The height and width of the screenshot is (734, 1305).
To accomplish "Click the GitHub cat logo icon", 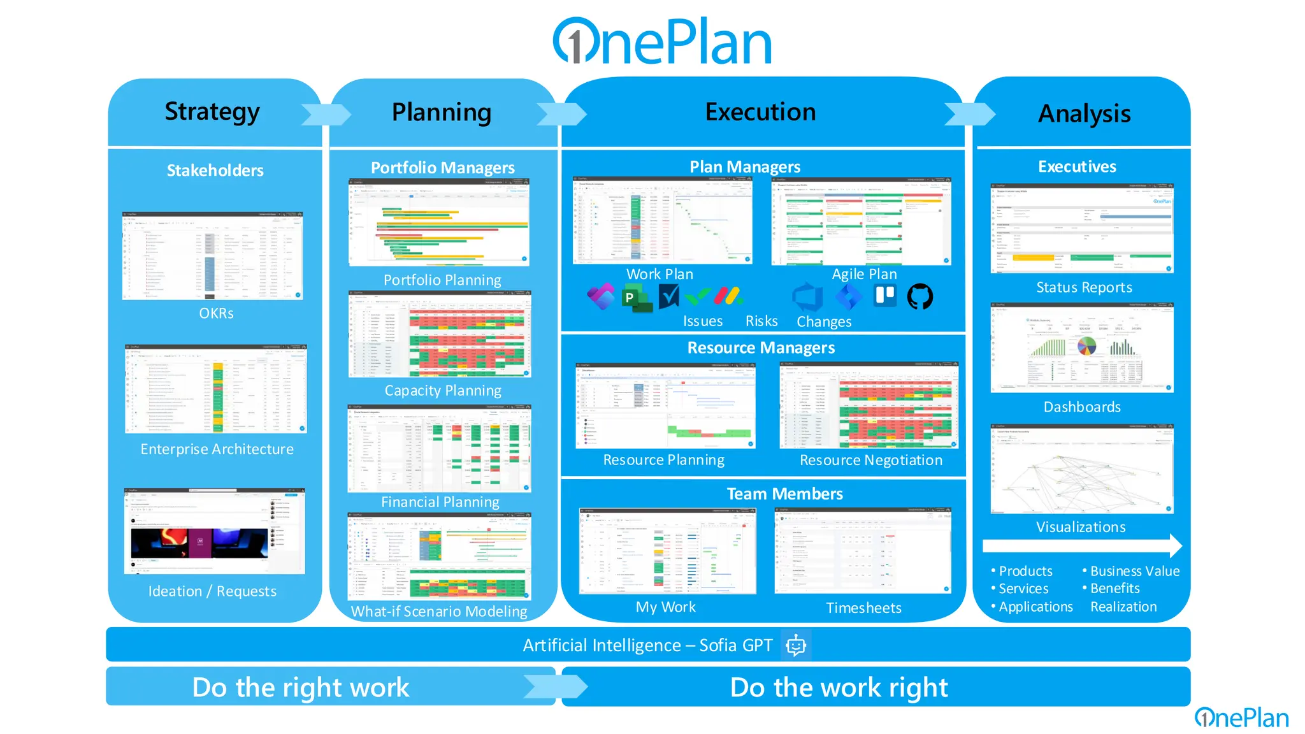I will [919, 296].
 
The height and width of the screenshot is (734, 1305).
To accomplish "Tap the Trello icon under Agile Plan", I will [885, 295].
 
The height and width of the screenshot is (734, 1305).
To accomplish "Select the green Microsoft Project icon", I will [635, 298].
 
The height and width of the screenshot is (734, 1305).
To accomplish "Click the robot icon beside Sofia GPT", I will [796, 645].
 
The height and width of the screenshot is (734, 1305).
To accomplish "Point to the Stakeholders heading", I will [215, 170].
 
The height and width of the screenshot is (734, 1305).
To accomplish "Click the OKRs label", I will [216, 313].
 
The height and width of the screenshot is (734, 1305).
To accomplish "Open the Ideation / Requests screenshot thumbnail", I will [215, 531].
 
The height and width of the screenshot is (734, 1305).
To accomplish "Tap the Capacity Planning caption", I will [443, 391].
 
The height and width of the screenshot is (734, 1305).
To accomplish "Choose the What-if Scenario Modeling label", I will [439, 612].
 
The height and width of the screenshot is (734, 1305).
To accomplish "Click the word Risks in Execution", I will [761, 321].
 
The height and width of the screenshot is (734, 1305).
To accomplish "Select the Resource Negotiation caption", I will [870, 460].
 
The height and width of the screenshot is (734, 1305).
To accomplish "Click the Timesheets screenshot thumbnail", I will [863, 551].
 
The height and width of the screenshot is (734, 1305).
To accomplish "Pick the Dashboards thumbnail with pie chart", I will [1081, 348].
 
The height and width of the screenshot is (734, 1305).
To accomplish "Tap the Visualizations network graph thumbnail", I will [1081, 469].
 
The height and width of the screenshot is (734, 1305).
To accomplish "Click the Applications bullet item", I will [1035, 607].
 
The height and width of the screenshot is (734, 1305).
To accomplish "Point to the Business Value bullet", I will [1134, 571].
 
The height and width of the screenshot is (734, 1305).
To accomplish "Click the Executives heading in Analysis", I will [1077, 167].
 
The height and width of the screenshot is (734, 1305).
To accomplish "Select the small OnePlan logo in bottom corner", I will [1241, 718].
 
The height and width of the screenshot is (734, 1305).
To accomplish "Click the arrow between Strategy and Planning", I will [325, 114].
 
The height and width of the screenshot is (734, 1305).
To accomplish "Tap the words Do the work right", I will [839, 687].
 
